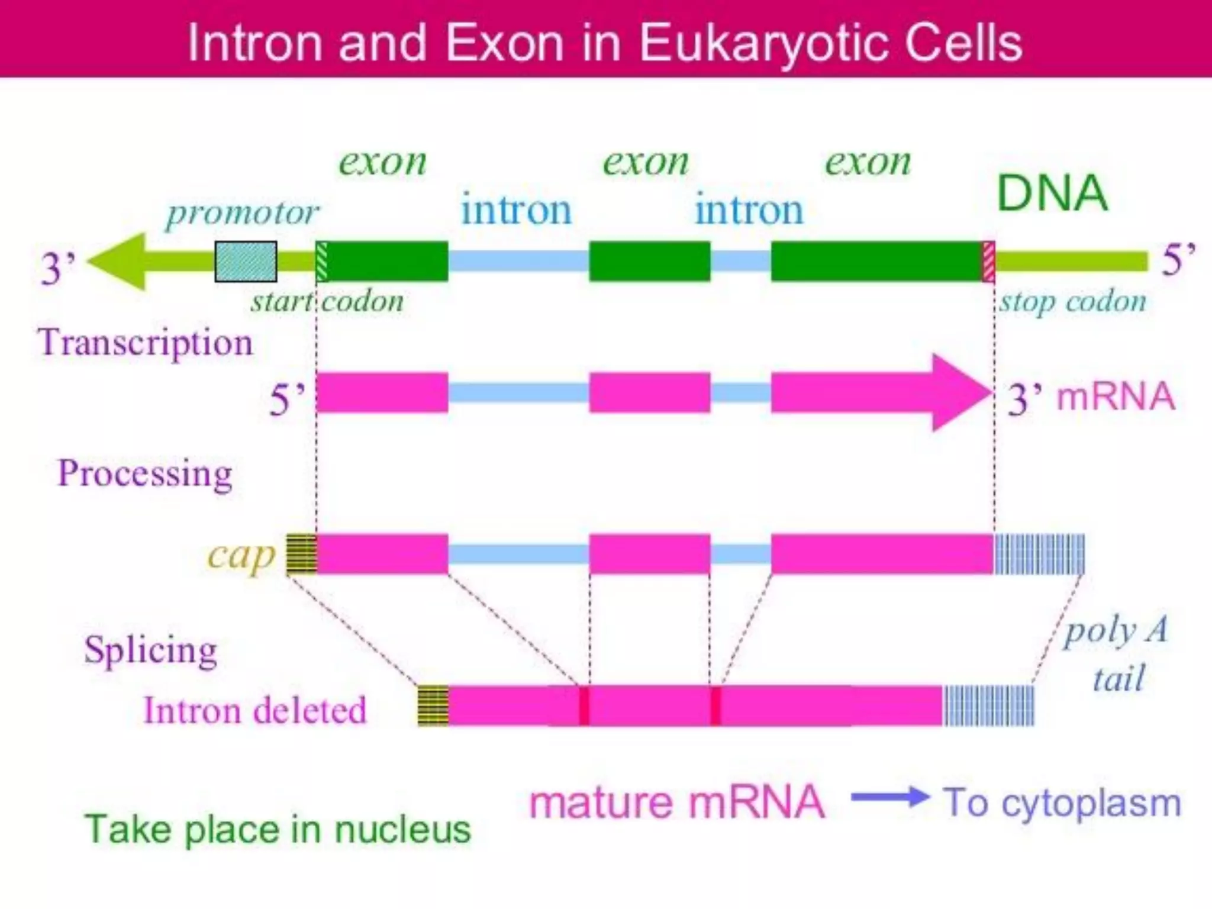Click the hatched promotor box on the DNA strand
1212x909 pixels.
tap(246, 262)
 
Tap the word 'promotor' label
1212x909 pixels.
tap(242, 213)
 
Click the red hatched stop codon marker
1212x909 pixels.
tap(988, 262)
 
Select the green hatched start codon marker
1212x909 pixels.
tap(321, 262)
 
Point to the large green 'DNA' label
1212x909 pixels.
tap(1052, 194)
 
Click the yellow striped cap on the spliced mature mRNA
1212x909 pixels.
tap(433, 705)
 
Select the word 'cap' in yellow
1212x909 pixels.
tap(241, 556)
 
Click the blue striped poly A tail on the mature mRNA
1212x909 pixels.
tap(988, 705)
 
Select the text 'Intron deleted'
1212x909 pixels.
tap(255, 711)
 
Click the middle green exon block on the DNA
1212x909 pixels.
tap(649, 262)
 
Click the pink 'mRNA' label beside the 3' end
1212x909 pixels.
tap(1116, 397)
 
